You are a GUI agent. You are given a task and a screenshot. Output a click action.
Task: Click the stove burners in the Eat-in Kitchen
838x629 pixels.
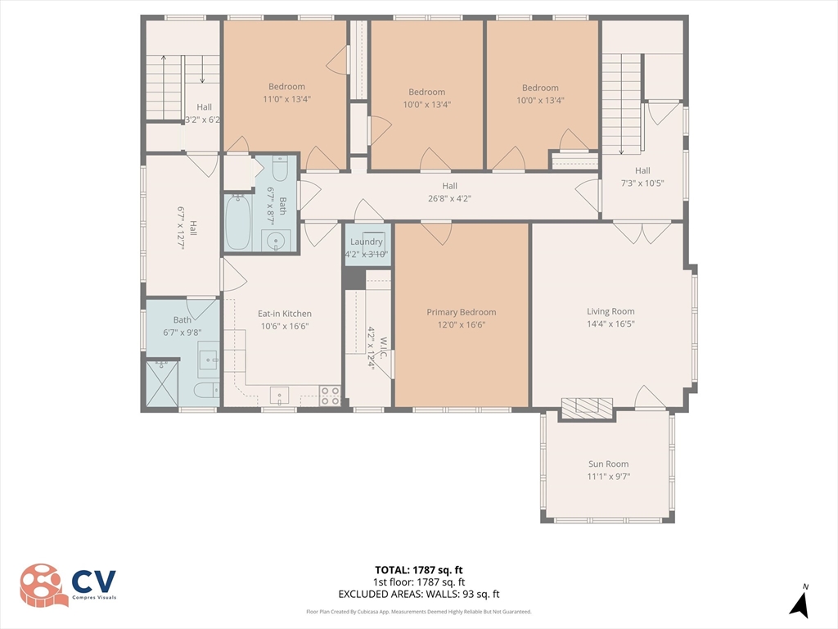click(330, 396)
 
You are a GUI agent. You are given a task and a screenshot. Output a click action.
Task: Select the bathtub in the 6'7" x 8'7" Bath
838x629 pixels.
click(238, 221)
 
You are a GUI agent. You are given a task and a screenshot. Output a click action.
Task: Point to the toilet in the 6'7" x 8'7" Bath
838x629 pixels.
click(279, 170)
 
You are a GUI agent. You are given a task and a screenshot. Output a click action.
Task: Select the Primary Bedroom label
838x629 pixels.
click(461, 312)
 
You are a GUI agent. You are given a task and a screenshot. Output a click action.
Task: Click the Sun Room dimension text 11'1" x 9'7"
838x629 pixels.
click(608, 477)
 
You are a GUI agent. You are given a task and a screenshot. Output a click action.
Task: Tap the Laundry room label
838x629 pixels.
click(366, 242)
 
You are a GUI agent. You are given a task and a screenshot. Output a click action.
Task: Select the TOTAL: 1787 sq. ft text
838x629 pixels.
click(418, 570)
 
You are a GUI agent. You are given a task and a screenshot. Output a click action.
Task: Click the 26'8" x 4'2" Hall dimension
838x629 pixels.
click(449, 198)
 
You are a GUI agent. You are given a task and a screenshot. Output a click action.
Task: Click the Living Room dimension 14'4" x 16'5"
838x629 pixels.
click(610, 324)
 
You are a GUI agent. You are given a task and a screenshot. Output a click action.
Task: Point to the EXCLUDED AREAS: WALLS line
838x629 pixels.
click(418, 595)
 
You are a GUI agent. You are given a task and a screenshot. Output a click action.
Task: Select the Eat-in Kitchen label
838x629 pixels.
click(284, 314)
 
